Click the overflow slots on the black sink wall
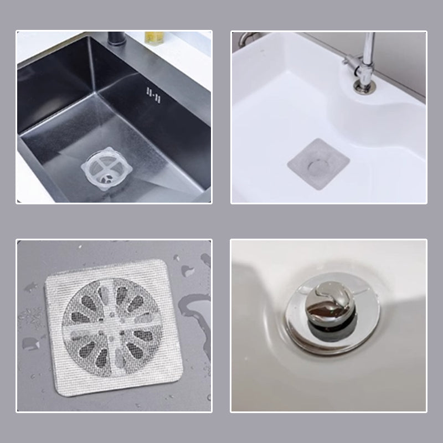153,95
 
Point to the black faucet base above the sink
115,39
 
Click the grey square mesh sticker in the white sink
318,164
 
